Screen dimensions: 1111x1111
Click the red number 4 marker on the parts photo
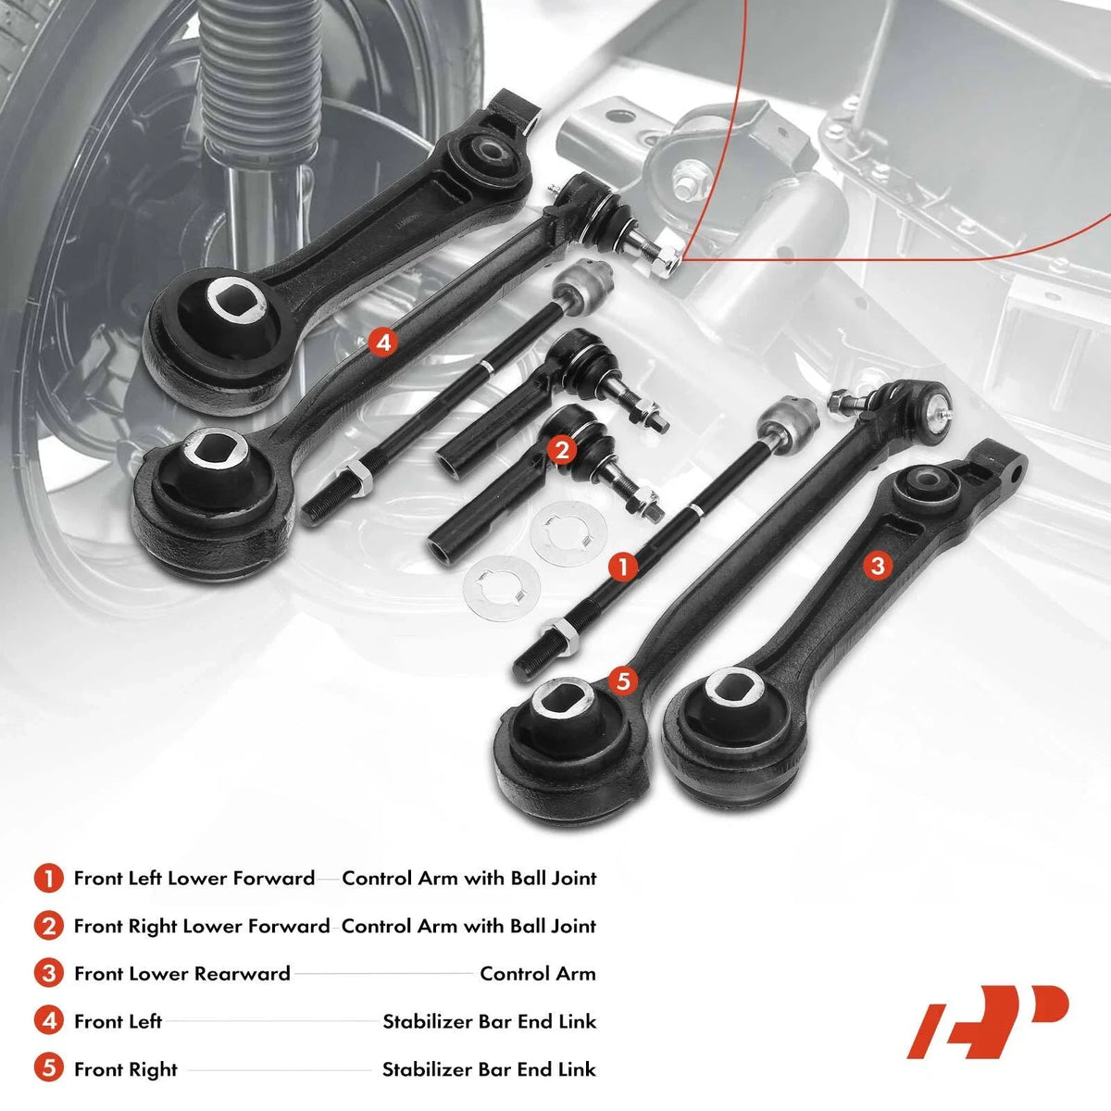click(x=383, y=343)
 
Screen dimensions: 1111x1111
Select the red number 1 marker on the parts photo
click(x=624, y=567)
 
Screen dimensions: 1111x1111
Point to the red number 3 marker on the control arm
click(x=878, y=565)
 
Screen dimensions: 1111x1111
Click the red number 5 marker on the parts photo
click(x=623, y=681)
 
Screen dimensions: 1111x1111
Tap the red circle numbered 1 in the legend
click(x=48, y=879)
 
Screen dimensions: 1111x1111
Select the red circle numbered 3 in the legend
click(x=48, y=974)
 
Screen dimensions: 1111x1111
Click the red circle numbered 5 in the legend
click(x=48, y=1069)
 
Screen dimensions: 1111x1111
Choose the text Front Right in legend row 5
click(x=126, y=1070)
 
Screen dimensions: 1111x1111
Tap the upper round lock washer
click(x=568, y=532)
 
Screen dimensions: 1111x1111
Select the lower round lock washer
click(x=501, y=589)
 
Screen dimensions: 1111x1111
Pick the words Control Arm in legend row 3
click(x=537, y=974)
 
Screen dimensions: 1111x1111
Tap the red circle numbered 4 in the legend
click(x=48, y=1021)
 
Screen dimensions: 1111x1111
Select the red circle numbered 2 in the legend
click(x=48, y=927)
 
